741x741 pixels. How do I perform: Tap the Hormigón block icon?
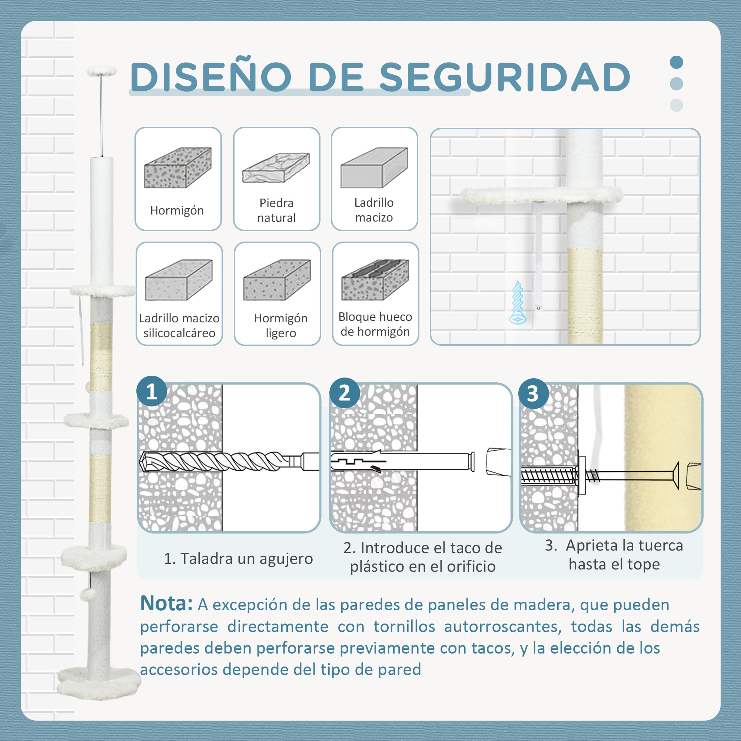tap(177, 167)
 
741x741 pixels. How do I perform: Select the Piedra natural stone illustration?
tap(276, 168)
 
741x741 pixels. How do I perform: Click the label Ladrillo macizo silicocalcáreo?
tap(179, 325)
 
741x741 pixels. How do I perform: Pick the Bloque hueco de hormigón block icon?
tap(375, 280)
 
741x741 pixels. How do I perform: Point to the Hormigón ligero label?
tap(280, 325)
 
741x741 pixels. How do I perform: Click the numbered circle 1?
tap(152, 392)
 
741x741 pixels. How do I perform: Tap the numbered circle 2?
tap(345, 393)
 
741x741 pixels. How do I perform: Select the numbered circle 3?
tap(533, 393)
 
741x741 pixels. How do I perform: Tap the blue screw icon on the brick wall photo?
tap(518, 303)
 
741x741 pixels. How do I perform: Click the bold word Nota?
tap(166, 603)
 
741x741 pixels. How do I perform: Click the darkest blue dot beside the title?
tap(676, 62)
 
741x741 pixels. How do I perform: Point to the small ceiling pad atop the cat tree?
tap(102, 70)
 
